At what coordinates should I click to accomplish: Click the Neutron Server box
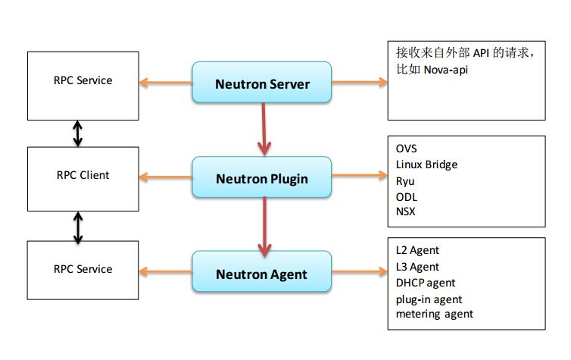[262, 83]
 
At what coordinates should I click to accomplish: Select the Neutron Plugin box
[262, 177]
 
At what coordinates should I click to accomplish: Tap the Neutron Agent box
[262, 271]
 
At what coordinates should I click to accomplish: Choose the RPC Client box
[83, 179]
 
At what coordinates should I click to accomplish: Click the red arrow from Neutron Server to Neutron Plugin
[264, 130]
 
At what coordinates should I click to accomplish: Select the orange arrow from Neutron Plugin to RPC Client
[166, 177]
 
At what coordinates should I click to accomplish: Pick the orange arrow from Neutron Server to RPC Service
[166, 83]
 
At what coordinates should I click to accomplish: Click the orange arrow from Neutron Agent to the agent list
[360, 271]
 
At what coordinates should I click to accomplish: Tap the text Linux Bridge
[426, 164]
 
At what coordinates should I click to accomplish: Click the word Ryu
[405, 181]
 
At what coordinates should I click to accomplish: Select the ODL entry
[407, 197]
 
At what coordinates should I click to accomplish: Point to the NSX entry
[405, 211]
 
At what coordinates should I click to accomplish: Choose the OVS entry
[406, 149]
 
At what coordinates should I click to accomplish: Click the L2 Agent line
[417, 250]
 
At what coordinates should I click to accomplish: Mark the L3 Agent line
[417, 267]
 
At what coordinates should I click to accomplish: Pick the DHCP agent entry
[426, 283]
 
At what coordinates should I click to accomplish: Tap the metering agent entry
[435, 314]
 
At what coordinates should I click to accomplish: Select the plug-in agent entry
[429, 299]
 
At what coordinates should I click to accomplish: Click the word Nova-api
[446, 70]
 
